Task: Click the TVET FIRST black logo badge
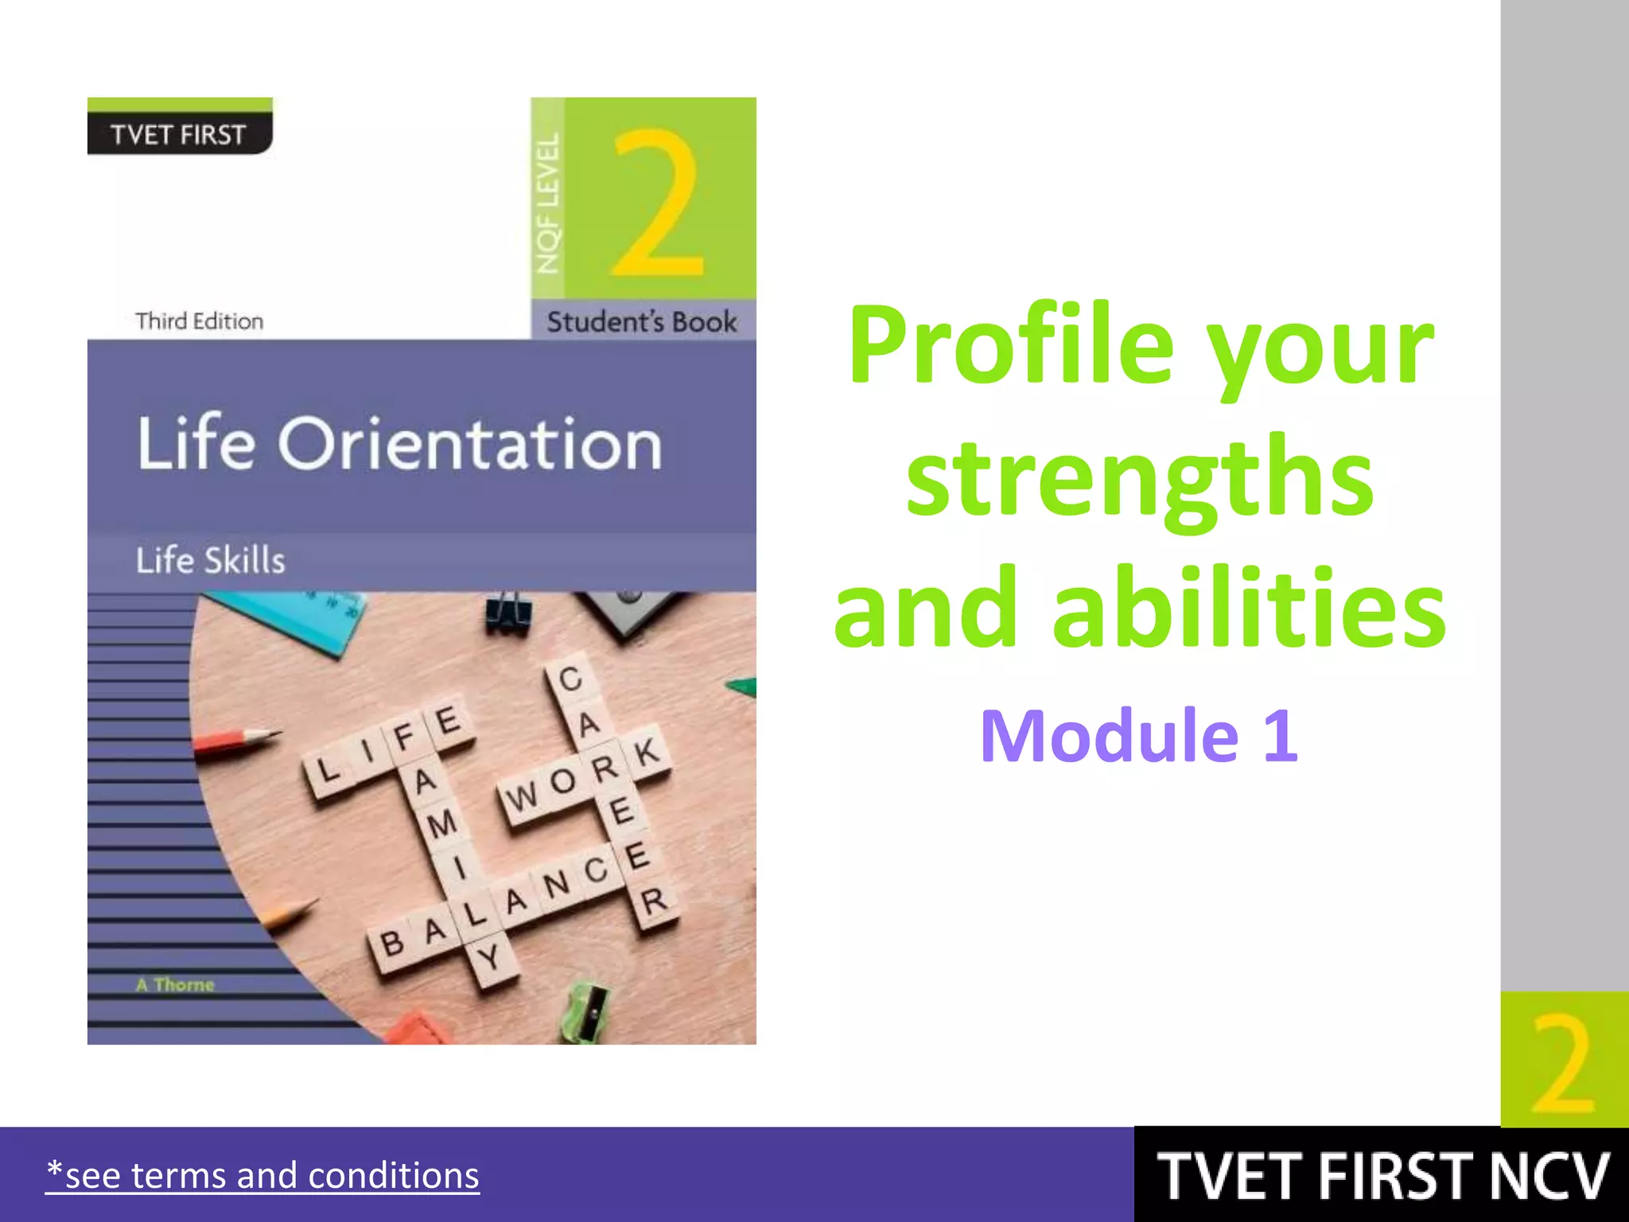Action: pos(179,133)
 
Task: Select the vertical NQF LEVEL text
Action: pos(548,204)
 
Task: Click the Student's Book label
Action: pos(642,322)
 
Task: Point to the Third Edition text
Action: pos(199,321)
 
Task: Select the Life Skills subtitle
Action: pos(210,560)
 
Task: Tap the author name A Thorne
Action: pos(175,985)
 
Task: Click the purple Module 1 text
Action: pos(1139,736)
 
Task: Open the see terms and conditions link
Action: pos(262,1176)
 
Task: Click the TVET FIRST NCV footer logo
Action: pos(1382,1176)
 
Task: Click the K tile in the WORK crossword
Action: pos(646,751)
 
